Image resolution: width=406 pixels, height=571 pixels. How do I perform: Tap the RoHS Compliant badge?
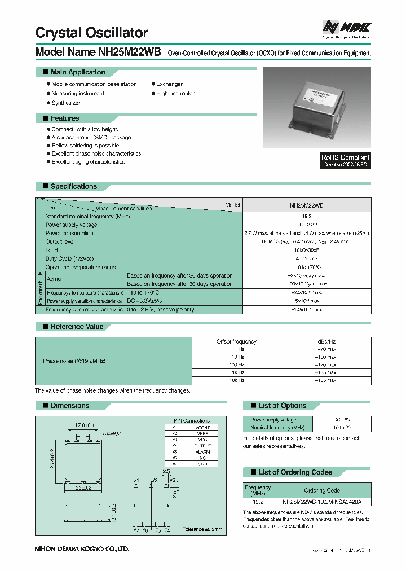click(x=345, y=161)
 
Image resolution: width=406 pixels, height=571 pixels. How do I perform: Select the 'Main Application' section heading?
click(x=77, y=72)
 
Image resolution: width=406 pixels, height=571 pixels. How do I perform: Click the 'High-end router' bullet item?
click(x=175, y=94)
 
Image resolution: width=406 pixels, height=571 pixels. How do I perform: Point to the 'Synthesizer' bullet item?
click(x=65, y=103)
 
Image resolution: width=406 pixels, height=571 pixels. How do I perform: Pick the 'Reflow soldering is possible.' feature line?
click(x=86, y=146)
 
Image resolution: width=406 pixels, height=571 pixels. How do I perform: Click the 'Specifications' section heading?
click(x=73, y=186)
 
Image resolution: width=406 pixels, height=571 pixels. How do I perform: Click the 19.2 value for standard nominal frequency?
click(x=307, y=216)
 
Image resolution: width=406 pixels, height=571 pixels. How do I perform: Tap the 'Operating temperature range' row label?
click(x=81, y=267)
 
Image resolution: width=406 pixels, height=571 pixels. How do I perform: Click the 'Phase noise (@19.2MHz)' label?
click(x=74, y=361)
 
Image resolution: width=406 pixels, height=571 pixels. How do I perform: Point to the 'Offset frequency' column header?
click(x=236, y=341)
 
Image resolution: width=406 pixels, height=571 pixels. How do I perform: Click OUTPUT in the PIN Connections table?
click(x=202, y=445)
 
